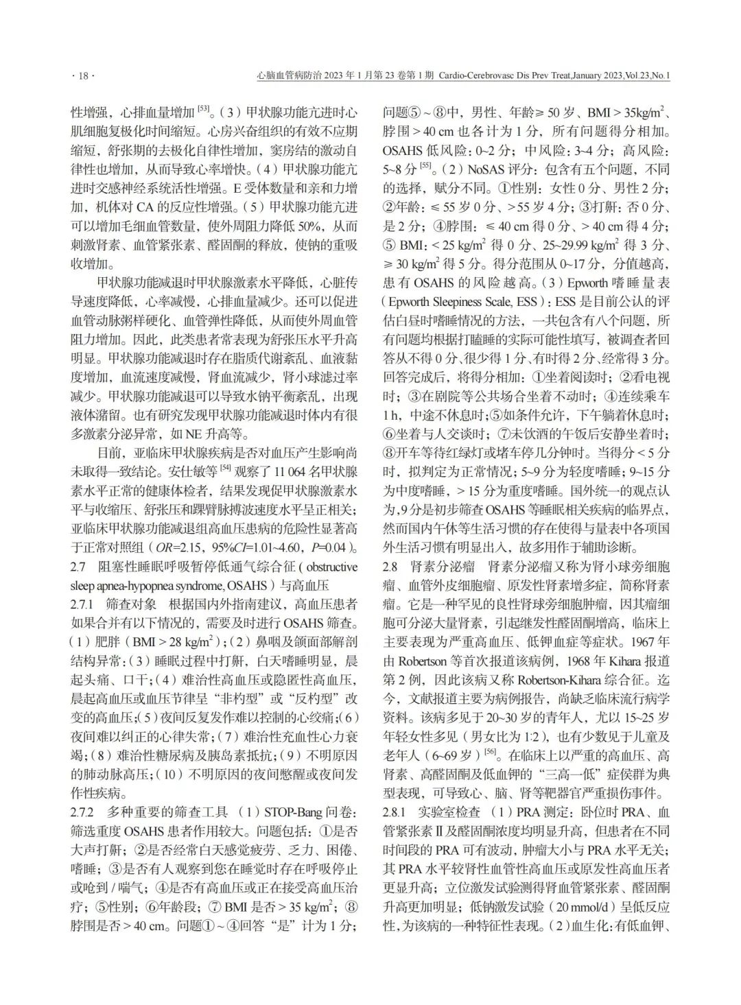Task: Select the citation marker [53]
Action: pos(204,108)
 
